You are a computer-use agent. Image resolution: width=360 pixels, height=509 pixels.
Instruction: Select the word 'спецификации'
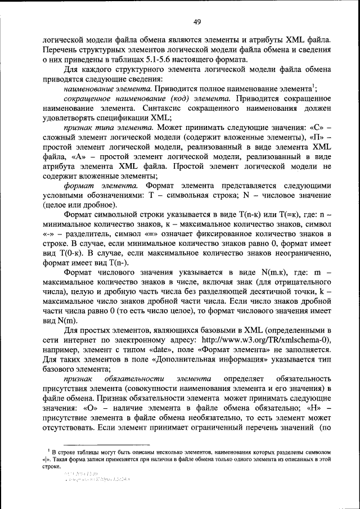tap(115, 119)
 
